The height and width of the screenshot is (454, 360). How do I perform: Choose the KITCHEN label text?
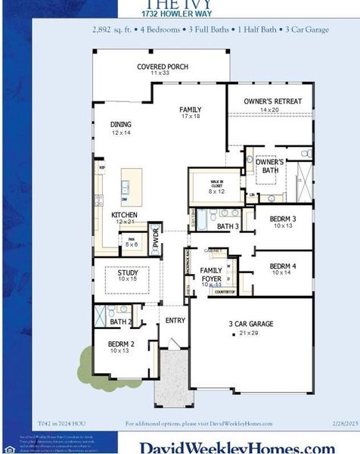[124, 216]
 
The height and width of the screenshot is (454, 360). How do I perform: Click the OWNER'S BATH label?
[269, 166]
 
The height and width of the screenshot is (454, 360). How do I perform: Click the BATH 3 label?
[228, 226]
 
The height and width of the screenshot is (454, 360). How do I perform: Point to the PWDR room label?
[155, 237]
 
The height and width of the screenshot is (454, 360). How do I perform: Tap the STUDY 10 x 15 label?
[127, 275]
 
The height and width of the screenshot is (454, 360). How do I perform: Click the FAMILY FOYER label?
[211, 275]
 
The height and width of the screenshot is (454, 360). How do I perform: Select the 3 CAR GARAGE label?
[251, 325]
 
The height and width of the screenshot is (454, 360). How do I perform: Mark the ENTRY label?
[175, 321]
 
